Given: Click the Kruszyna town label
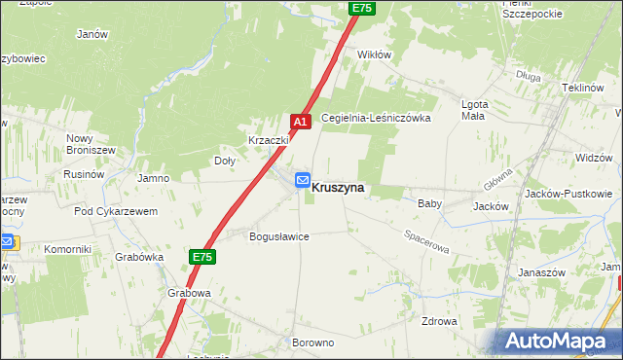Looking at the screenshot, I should (x=339, y=189).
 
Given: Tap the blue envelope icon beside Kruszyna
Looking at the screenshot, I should (x=302, y=180).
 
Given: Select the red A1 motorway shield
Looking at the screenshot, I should (x=301, y=122).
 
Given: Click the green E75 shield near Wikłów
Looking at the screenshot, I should (x=361, y=8).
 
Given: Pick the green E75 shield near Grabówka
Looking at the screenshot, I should (x=201, y=257).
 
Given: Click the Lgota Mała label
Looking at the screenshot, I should (x=473, y=110).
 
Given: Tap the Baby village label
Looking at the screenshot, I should (x=429, y=204).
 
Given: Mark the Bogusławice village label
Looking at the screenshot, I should (x=279, y=236).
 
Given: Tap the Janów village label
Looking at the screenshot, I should (x=92, y=33).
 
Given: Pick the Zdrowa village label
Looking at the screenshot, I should (x=439, y=321).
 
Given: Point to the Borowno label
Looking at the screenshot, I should (x=312, y=343).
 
